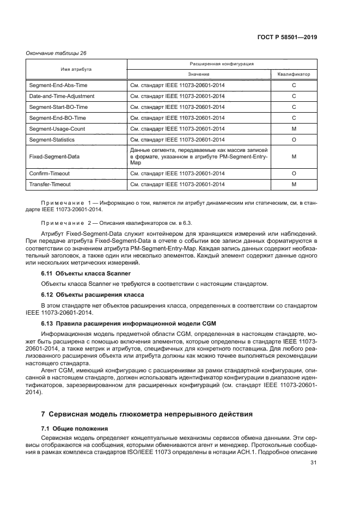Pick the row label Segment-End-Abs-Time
[x=58, y=85]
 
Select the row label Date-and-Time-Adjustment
[x=63, y=96]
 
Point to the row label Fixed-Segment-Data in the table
[x=53, y=156]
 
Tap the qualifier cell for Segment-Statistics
[x=294, y=140]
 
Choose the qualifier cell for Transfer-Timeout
[x=294, y=185]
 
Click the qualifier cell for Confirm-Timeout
[x=294, y=174]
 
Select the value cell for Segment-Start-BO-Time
[x=177, y=107]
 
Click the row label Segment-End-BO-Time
[x=57, y=118]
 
